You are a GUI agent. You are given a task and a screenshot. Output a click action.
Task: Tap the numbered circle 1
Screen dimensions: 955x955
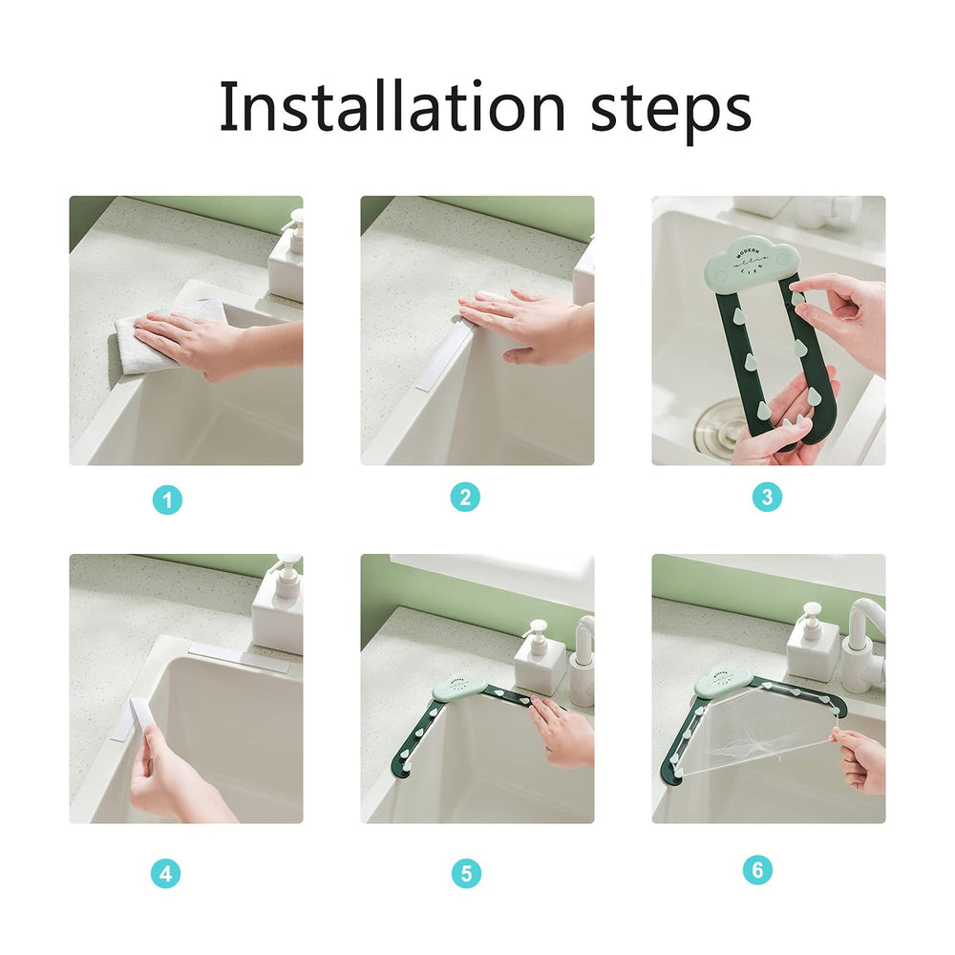coord(167,499)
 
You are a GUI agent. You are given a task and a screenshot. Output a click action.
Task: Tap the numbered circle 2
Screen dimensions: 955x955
coord(465,497)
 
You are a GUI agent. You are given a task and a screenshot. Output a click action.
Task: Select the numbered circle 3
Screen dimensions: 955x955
coord(767,497)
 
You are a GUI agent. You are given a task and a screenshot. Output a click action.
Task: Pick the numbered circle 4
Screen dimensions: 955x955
coord(166,873)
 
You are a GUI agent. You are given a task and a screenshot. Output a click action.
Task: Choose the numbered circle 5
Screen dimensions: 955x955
coord(466,873)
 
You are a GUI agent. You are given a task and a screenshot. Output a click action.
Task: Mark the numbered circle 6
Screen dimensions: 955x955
coord(757,870)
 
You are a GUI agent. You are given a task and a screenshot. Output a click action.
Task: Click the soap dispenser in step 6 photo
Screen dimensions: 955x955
coord(813,642)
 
